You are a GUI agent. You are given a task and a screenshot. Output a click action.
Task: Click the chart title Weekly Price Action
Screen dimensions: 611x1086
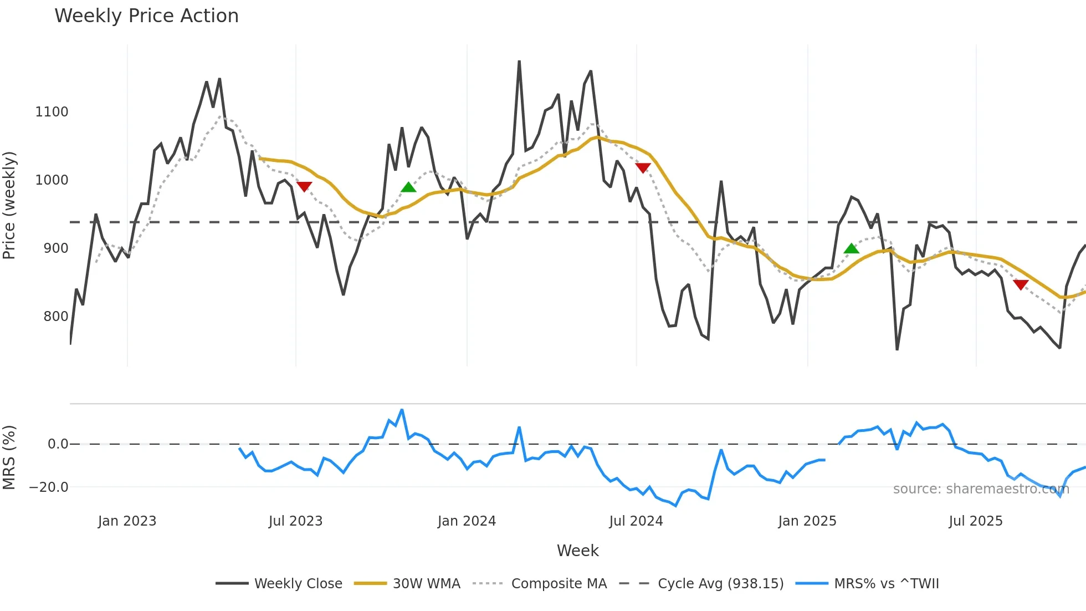click(146, 16)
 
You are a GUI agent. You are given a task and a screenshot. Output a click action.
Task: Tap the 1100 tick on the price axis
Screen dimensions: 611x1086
click(52, 112)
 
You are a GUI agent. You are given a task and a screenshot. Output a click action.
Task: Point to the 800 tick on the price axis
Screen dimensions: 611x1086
click(55, 317)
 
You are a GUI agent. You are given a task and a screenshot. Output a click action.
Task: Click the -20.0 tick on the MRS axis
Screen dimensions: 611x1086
click(49, 487)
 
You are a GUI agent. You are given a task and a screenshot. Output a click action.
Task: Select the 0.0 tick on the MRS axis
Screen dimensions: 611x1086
click(58, 444)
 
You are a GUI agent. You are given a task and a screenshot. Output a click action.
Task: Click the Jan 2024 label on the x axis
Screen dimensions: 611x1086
click(467, 521)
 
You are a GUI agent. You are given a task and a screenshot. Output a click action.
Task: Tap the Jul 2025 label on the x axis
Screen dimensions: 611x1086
click(975, 521)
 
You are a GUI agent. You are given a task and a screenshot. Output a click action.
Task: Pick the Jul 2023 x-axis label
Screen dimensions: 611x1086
click(295, 521)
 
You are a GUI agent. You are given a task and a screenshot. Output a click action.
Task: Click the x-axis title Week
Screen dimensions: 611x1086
click(577, 551)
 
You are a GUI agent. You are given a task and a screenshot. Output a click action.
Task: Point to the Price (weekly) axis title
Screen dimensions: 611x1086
click(9, 205)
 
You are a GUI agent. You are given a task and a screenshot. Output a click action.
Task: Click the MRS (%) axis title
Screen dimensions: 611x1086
click(9, 457)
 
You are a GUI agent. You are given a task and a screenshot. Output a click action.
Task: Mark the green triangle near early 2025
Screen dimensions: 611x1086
click(851, 248)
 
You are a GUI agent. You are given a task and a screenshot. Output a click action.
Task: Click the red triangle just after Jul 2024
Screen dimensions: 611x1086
click(643, 168)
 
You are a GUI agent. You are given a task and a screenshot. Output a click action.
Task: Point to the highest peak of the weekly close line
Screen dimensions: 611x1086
click(519, 62)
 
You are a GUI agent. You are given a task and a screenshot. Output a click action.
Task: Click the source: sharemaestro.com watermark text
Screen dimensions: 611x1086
click(981, 489)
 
